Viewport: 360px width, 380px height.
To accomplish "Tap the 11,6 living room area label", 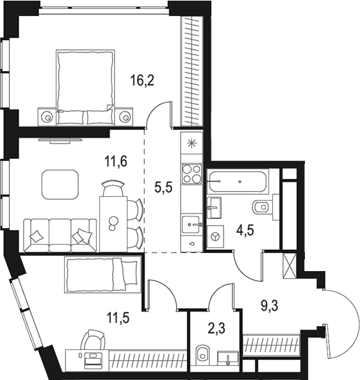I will (x=116, y=161).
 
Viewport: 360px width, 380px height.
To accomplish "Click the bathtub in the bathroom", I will (x=237, y=181).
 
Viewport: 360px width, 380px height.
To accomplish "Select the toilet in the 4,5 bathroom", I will (x=261, y=206).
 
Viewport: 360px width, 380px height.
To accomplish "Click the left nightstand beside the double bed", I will (x=48, y=117).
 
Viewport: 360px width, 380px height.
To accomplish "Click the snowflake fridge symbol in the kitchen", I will (x=191, y=143).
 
